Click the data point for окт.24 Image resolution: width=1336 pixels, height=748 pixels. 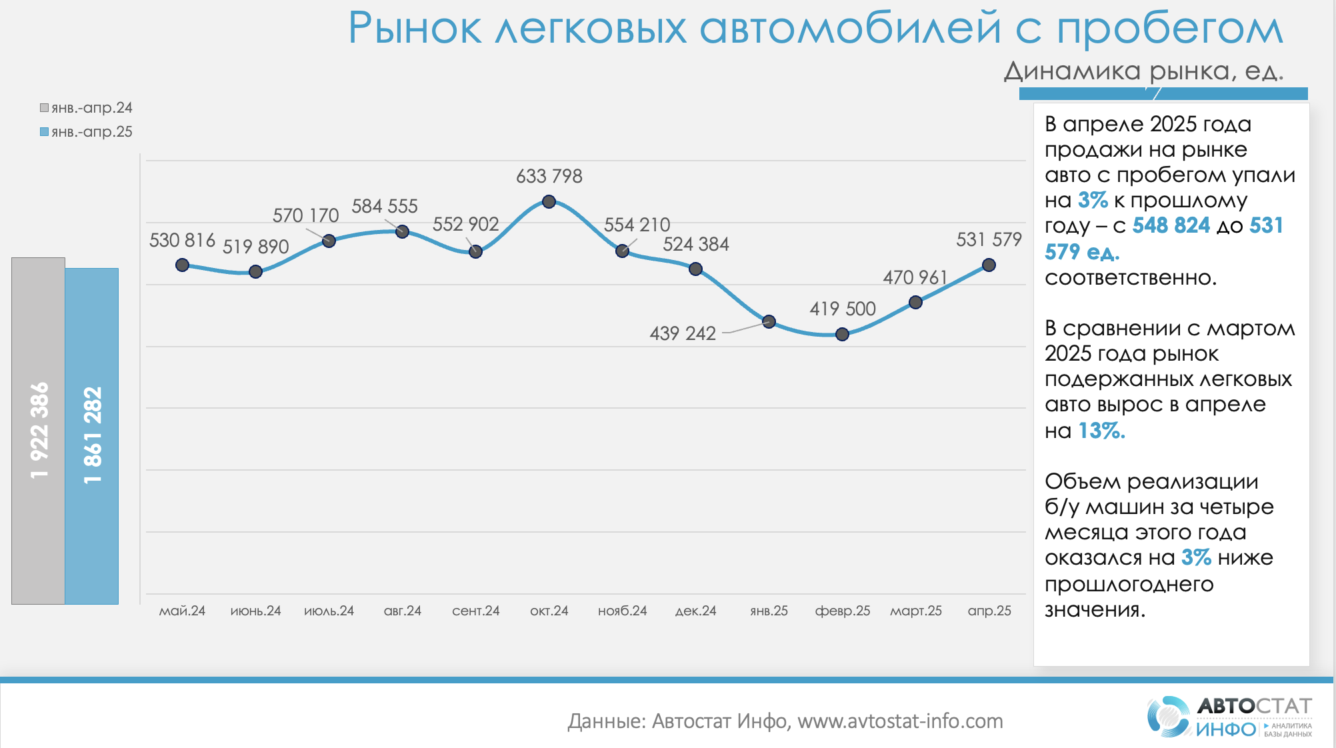(x=549, y=201)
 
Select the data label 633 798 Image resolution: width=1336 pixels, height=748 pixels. (x=549, y=177)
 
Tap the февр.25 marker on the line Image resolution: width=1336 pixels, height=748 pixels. (x=842, y=334)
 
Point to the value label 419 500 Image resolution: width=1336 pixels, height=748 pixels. (x=842, y=309)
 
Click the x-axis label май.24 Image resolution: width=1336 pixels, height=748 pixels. (x=182, y=611)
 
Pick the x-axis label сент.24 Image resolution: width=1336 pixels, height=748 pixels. (x=475, y=611)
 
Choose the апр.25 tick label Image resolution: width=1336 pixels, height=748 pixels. (x=989, y=611)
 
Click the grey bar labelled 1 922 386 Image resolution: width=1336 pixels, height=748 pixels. (x=38, y=431)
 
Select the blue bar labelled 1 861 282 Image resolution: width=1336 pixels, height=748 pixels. (x=92, y=436)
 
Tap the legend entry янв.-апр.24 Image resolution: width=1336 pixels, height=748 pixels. (x=86, y=108)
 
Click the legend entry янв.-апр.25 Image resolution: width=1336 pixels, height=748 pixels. (x=86, y=132)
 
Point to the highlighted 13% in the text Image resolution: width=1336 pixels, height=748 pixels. (x=1101, y=431)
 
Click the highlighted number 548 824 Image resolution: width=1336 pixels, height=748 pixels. (x=1171, y=226)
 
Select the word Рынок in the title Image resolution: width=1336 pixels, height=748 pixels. (x=414, y=29)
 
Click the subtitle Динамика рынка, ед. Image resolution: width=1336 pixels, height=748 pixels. (x=1143, y=71)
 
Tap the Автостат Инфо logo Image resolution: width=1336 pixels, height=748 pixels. (x=1229, y=717)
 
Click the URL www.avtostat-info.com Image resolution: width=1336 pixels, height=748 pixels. (x=900, y=721)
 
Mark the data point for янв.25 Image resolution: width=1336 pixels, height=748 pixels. (x=769, y=321)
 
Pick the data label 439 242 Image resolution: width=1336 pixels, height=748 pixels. (x=683, y=333)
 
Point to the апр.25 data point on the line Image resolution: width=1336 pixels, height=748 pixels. (x=989, y=265)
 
